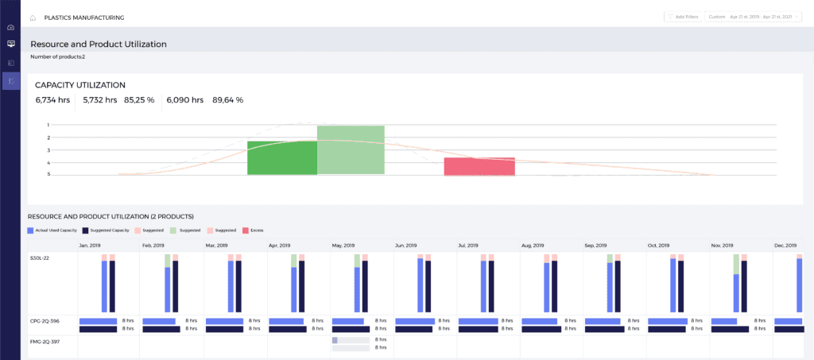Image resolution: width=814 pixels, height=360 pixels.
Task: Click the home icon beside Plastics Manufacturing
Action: [33, 17]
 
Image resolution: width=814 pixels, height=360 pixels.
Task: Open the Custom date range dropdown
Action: [753, 17]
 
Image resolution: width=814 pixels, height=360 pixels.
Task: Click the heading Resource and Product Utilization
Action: [99, 45]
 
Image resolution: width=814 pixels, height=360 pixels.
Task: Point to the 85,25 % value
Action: [139, 100]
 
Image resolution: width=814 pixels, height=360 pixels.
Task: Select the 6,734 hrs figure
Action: [52, 100]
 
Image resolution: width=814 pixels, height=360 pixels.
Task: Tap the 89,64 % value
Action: [227, 100]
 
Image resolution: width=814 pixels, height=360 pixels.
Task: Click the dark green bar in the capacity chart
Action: [282, 158]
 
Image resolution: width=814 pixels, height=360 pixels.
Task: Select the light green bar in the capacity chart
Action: [351, 150]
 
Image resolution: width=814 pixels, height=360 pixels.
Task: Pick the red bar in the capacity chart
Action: [479, 166]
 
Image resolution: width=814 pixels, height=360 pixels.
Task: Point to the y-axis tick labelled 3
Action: [48, 150]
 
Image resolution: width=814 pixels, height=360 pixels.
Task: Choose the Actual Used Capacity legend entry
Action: [52, 230]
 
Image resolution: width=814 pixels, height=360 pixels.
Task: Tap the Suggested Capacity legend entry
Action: [107, 230]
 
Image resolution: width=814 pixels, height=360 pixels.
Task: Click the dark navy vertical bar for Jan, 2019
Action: [112, 286]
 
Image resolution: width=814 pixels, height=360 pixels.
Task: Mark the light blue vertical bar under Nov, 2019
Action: [736, 293]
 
